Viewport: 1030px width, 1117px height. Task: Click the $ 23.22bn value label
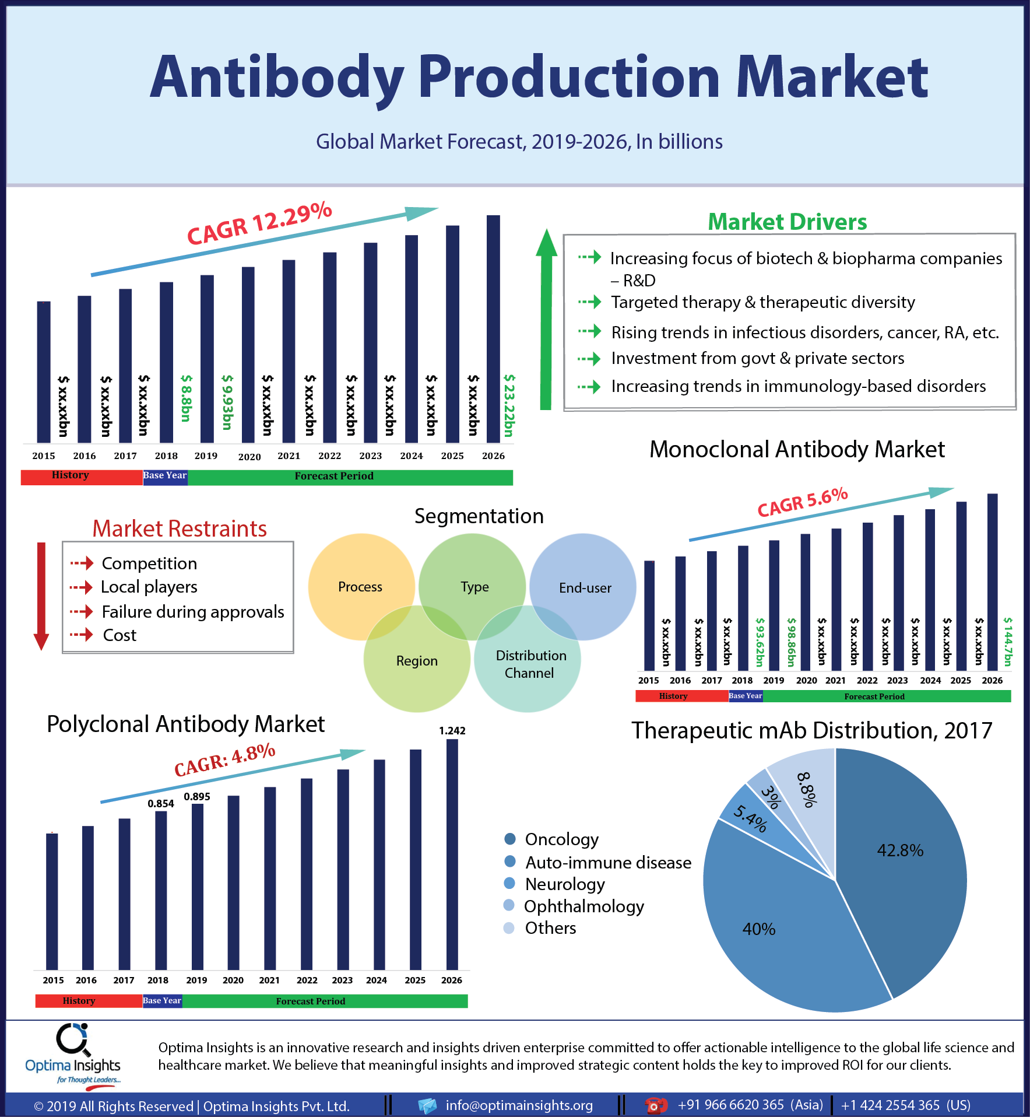tap(509, 405)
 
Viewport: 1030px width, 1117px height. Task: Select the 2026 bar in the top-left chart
tap(493, 329)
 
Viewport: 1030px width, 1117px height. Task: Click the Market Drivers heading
tap(787, 222)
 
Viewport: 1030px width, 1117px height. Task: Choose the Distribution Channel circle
tap(528, 659)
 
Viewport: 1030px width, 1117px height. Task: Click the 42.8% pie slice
tap(904, 863)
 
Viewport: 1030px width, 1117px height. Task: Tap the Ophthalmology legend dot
tap(509, 905)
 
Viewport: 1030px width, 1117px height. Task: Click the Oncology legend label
tap(561, 839)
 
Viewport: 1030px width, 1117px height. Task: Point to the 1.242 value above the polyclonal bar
tap(452, 730)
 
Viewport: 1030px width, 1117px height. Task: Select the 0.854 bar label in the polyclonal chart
tap(161, 803)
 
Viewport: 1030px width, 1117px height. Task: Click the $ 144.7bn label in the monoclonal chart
tap(1008, 642)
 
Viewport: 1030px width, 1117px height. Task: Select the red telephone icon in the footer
tap(656, 1105)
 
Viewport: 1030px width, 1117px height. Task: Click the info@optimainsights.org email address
tap(519, 1105)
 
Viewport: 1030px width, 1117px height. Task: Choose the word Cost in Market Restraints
tap(119, 635)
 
